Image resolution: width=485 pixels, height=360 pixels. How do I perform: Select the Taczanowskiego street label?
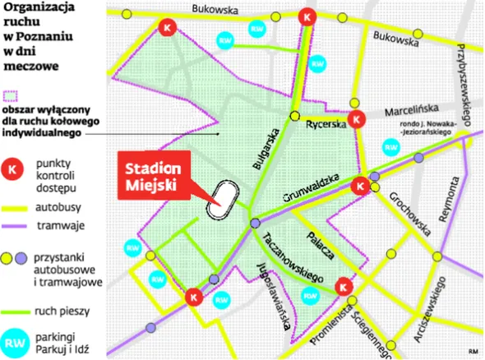pyautogui.click(x=289, y=255)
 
